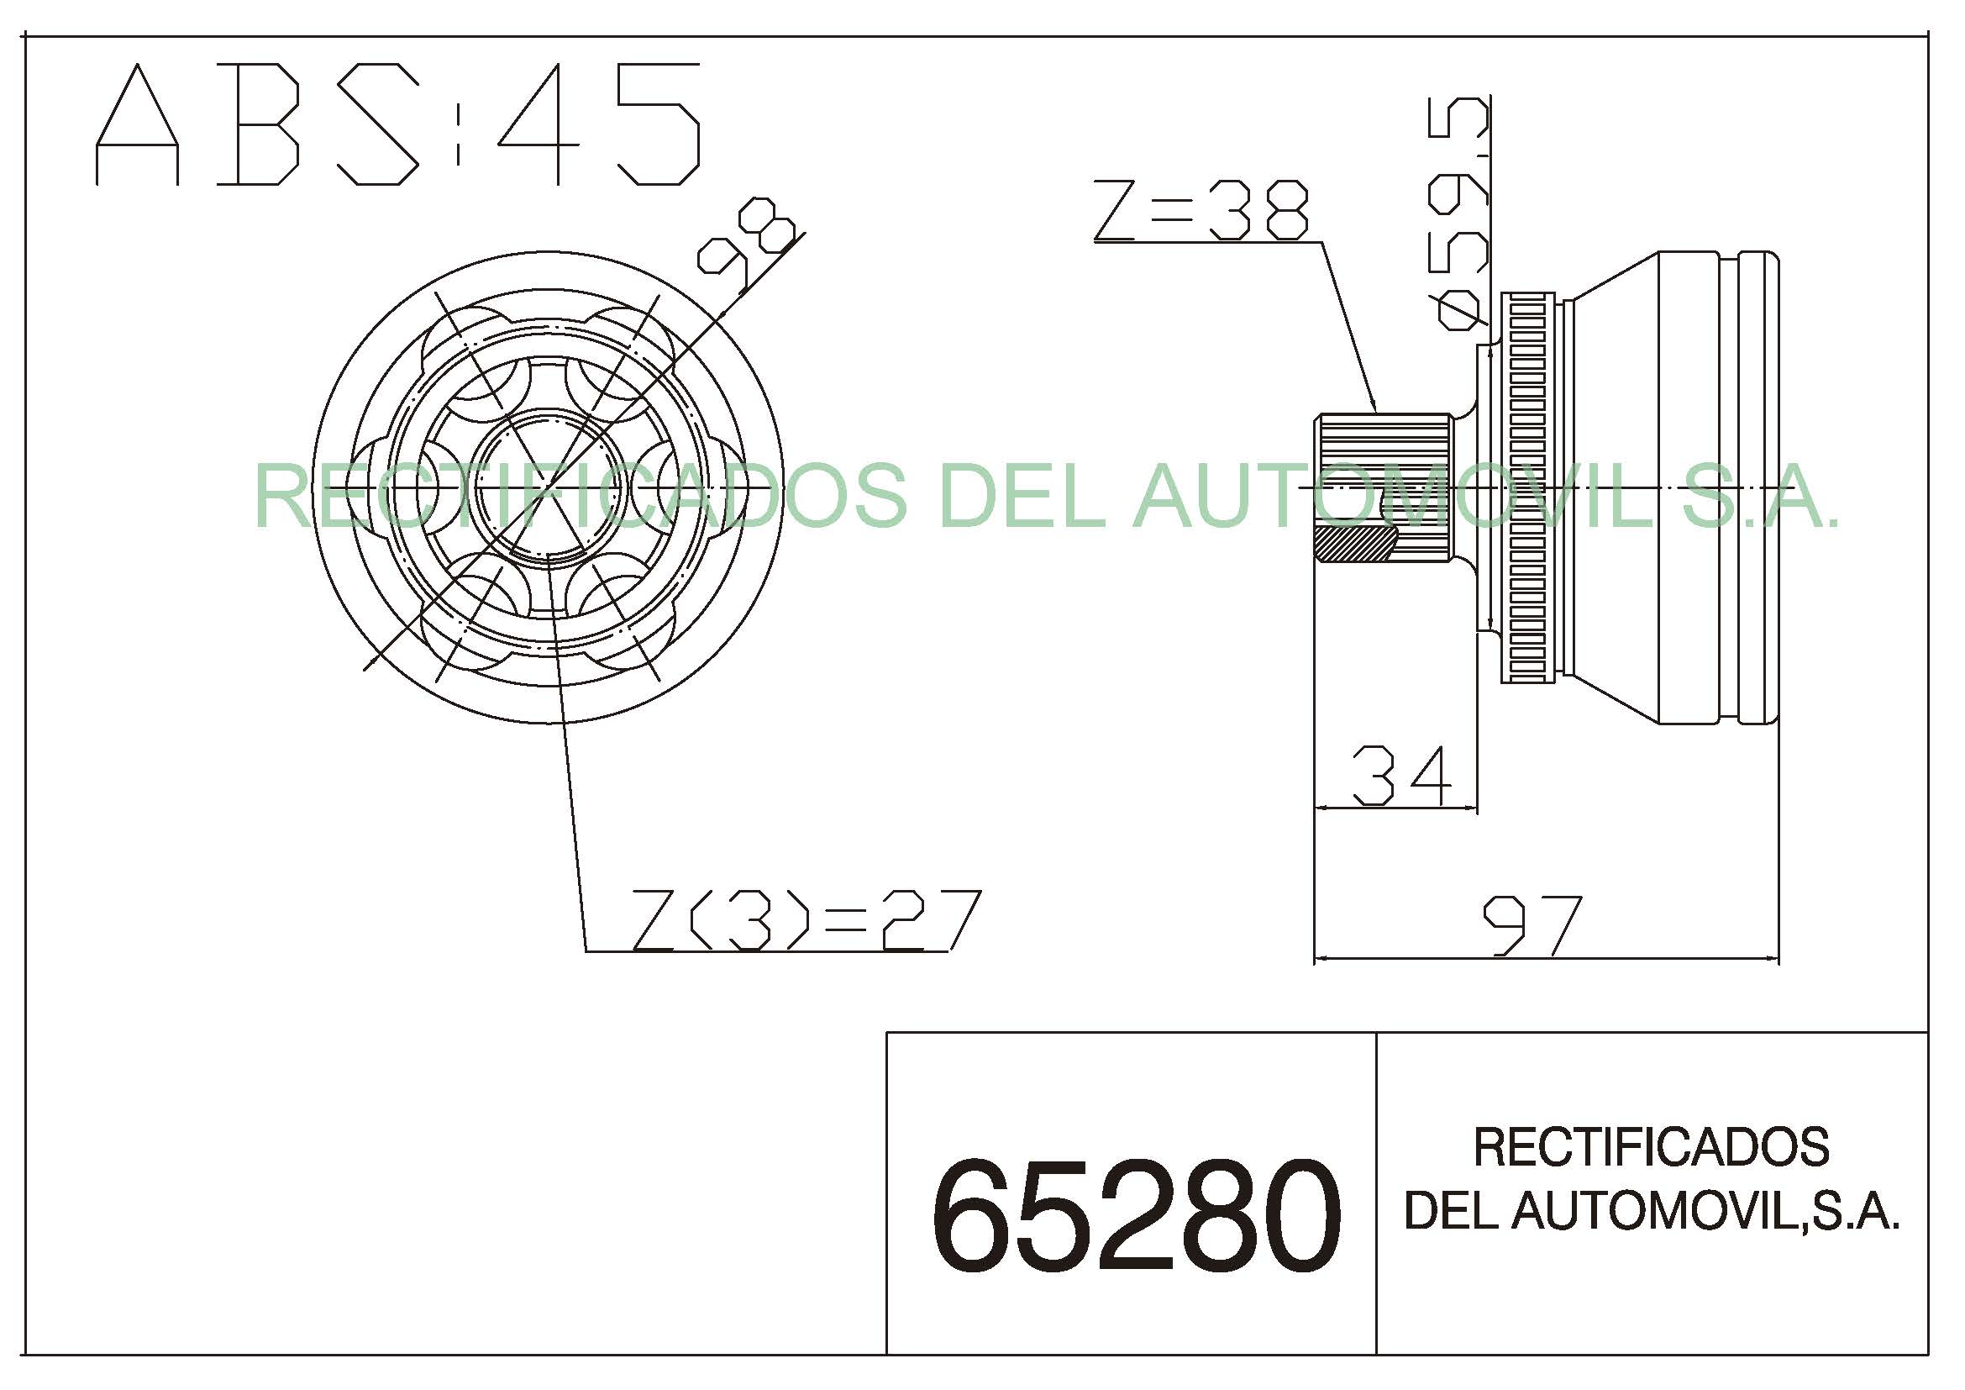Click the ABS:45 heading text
398,124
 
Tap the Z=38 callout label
1201,209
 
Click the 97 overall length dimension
1532,925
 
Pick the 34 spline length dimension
1402,776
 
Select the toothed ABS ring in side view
1527,487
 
